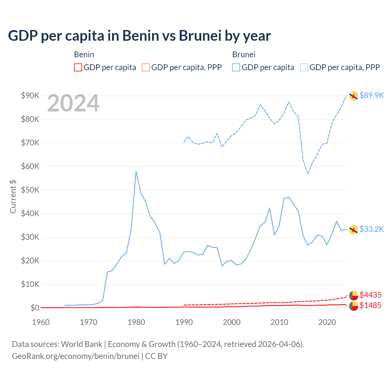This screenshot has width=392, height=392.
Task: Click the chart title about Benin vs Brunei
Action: tap(139, 36)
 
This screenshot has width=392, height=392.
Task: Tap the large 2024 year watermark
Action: tap(73, 103)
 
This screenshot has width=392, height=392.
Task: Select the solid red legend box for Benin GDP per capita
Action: tap(78, 67)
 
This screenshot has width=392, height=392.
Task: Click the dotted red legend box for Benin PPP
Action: tap(146, 67)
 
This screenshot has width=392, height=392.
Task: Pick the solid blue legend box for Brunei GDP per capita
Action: tap(236, 67)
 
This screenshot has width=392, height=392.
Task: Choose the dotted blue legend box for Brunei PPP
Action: tap(304, 67)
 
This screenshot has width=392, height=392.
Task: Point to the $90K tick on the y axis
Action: tap(30, 96)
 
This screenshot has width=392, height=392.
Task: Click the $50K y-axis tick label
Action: tap(30, 190)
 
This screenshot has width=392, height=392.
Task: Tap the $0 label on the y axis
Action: tap(35, 308)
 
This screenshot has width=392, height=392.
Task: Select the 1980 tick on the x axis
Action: tap(136, 322)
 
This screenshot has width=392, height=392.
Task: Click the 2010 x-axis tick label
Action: tap(279, 322)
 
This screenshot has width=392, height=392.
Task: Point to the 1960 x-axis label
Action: tap(41, 322)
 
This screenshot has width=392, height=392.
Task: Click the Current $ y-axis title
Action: tap(13, 197)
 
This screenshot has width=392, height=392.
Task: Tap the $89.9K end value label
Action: tap(371, 95)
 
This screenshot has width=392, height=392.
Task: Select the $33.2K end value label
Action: tap(371, 229)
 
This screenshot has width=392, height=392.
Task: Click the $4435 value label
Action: tap(370, 295)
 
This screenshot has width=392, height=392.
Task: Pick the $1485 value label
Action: tap(370, 305)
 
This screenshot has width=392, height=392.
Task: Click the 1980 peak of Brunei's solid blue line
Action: tap(136, 171)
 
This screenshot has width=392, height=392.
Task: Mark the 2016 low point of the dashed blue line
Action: tap(308, 174)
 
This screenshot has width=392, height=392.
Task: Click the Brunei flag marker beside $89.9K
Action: tap(354, 96)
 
